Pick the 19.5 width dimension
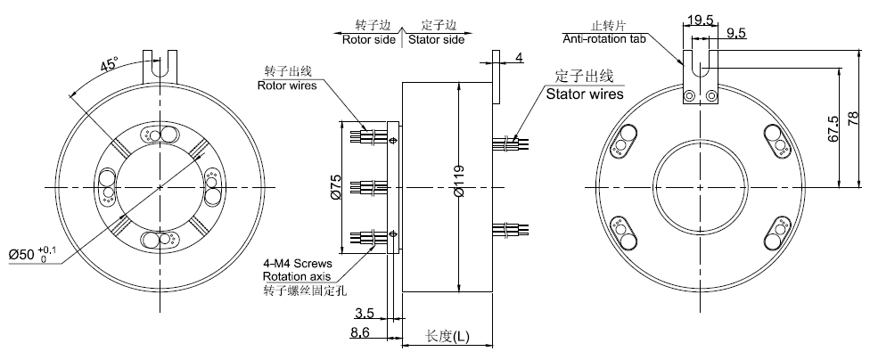[698, 19]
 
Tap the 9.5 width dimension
[737, 34]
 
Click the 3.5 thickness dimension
[364, 314]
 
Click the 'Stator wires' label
[584, 93]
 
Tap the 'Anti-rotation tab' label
[606, 39]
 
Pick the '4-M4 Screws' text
[298, 265]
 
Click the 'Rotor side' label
[370, 40]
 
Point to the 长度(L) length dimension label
[447, 336]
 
